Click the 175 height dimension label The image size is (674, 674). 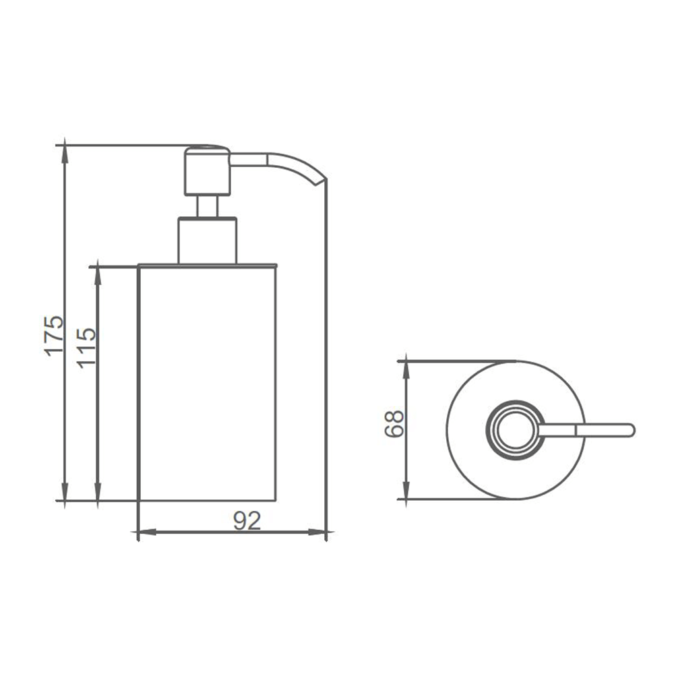(55, 336)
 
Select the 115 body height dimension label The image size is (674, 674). (86, 348)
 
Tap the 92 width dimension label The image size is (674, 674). (247, 520)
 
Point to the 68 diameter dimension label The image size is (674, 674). (394, 424)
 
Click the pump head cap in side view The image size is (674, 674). (208, 171)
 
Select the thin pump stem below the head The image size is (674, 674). (208, 207)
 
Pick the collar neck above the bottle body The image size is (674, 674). (208, 241)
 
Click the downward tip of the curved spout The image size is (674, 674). (316, 185)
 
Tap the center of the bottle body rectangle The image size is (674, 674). (208, 384)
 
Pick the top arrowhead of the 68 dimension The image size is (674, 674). (406, 369)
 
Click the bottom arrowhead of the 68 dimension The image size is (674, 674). (406, 491)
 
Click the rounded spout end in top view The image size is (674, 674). (631, 430)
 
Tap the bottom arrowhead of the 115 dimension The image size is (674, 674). (98, 493)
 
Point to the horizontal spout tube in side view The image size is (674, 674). (249, 159)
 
